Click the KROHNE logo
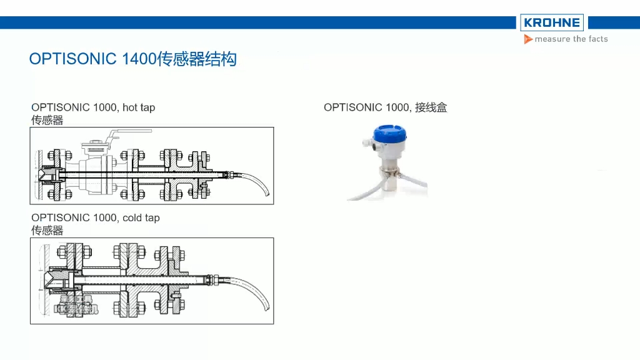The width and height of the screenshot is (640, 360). coord(552,23)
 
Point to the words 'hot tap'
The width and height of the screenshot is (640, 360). coord(138,107)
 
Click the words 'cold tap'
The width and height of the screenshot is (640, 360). coord(141,217)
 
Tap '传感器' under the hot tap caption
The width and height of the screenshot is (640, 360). coord(47,119)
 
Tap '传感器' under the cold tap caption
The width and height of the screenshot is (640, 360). coord(47,229)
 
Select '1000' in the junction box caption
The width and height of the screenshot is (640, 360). coord(397,107)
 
